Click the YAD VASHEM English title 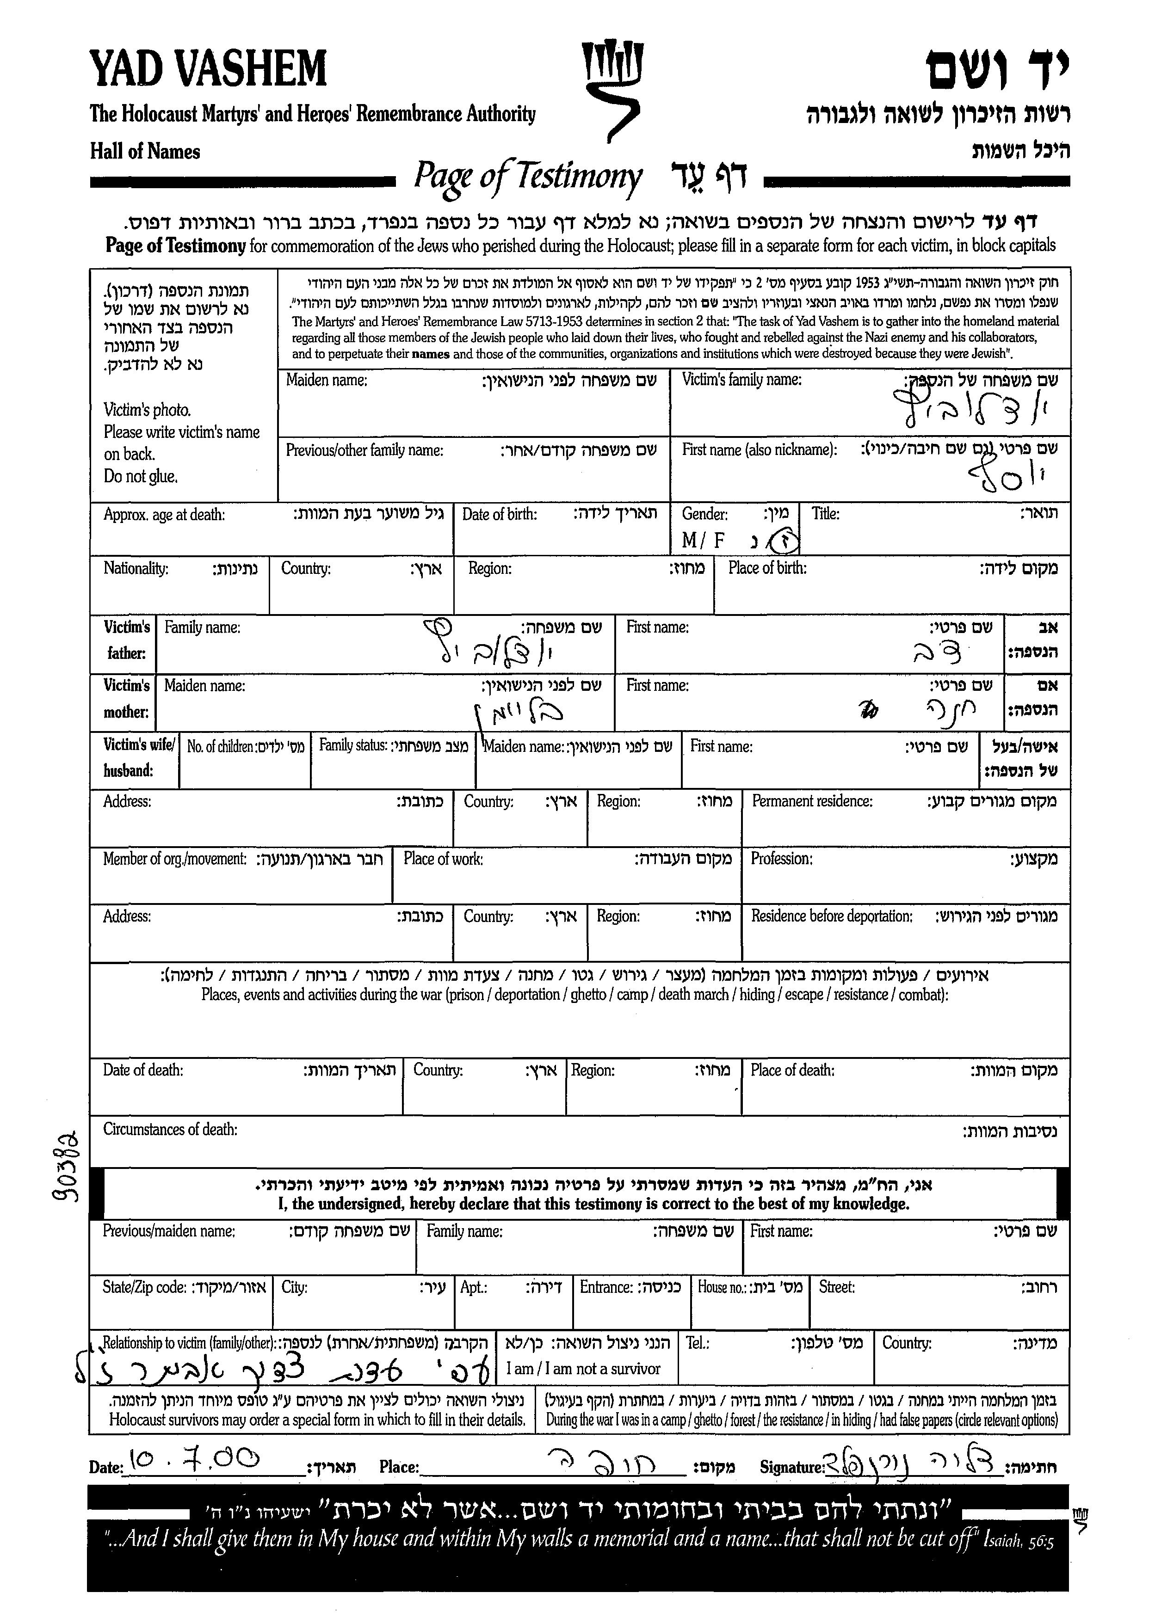[208, 69]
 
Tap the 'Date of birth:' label [500, 514]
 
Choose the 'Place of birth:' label [767, 568]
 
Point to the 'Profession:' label [781, 859]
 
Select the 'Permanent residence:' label [811, 801]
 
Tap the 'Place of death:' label [792, 1070]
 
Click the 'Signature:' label [792, 1467]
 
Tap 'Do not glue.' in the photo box [141, 476]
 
